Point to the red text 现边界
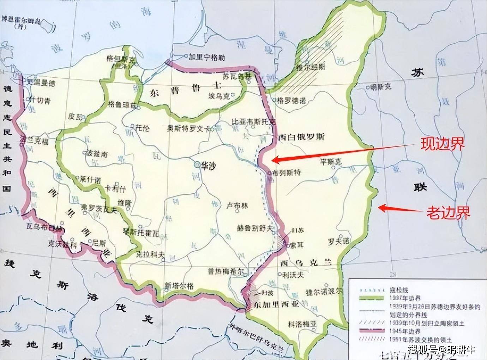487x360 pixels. [442, 144]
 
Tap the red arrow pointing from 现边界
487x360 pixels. [344, 152]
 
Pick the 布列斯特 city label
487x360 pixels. [286, 173]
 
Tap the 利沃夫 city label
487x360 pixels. [293, 275]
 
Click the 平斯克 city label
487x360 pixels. [331, 162]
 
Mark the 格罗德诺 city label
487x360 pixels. [291, 101]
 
